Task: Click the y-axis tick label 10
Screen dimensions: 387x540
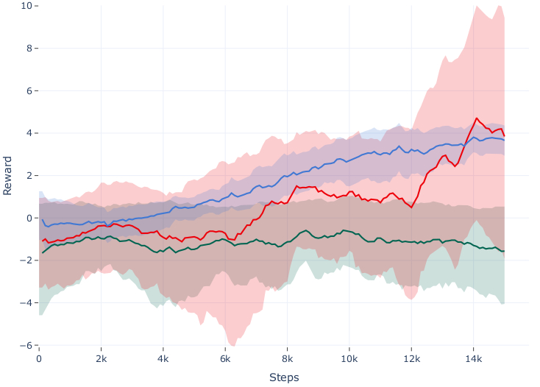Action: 26,6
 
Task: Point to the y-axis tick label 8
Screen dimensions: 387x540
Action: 29,49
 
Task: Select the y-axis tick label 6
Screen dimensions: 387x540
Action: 29,91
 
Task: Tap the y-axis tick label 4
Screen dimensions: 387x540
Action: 29,133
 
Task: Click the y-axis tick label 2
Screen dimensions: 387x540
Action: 29,176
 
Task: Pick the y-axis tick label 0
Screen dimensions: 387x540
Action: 29,219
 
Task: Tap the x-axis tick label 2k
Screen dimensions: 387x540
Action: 101,359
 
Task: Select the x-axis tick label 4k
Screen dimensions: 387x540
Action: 163,359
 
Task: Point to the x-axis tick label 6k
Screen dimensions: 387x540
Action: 225,359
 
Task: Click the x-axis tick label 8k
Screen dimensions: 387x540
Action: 287,359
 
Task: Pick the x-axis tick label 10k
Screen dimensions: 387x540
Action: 349,359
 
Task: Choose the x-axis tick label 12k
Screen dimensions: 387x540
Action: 411,359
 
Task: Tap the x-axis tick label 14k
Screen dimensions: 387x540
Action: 473,359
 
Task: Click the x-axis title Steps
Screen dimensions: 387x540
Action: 284,377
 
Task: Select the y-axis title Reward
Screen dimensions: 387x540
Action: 8,175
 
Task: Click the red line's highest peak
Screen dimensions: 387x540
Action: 477,118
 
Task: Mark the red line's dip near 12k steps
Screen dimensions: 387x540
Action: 412,207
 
